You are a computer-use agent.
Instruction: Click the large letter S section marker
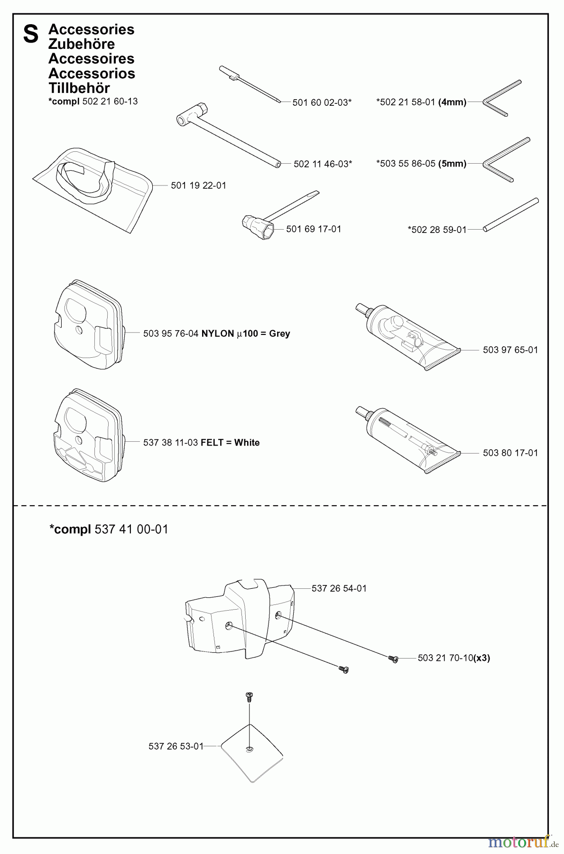tap(31, 35)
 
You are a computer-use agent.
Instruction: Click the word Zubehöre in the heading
tap(82, 44)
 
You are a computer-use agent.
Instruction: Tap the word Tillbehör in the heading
tap(79, 88)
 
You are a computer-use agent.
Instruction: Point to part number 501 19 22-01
tap(198, 186)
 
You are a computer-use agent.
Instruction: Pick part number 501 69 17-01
tap(314, 229)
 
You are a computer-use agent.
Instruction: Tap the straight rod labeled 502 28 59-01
tap(511, 215)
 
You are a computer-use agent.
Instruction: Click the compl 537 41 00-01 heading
tap(109, 529)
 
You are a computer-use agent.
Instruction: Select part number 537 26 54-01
tap(339, 588)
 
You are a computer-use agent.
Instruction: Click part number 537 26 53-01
tap(176, 746)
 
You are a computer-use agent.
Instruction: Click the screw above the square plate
tap(249, 697)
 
